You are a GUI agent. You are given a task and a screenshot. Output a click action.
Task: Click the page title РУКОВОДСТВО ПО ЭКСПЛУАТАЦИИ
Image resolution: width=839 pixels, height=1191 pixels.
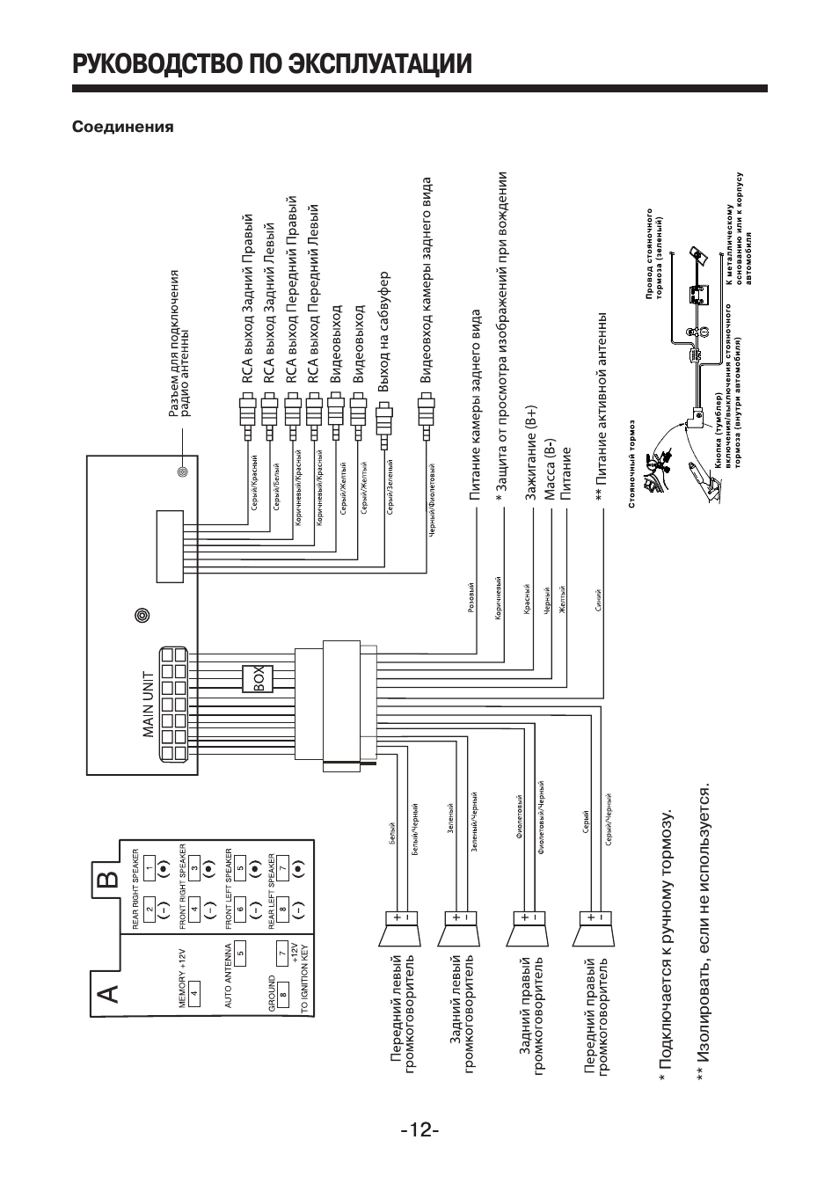point(272,64)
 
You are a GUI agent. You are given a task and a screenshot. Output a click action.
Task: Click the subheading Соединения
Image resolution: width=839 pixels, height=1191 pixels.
point(122,127)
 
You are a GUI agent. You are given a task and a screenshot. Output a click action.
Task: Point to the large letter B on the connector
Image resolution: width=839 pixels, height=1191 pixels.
point(106,881)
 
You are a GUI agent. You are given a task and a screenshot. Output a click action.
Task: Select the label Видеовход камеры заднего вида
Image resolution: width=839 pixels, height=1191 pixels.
point(427,281)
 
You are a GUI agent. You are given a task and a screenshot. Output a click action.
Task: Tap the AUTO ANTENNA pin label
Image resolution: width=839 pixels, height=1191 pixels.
point(229,976)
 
